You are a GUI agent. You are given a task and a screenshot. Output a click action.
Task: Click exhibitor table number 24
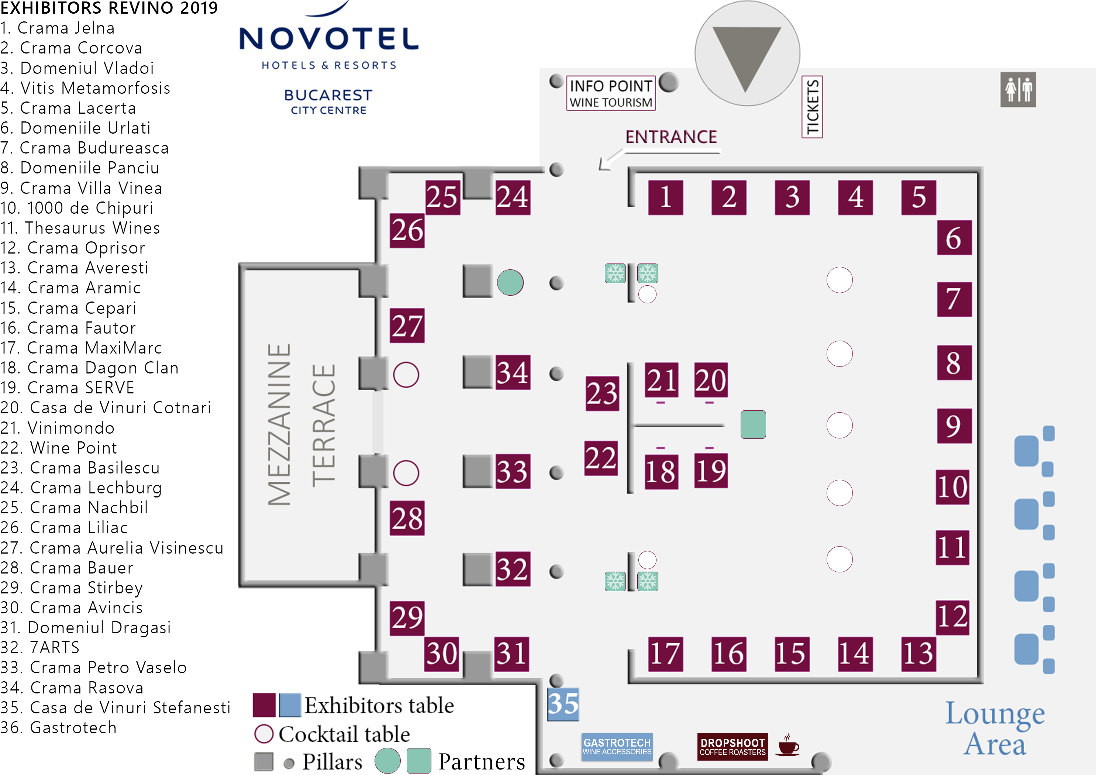[x=513, y=197]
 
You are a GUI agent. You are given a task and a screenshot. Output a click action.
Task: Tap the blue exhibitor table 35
[x=563, y=704]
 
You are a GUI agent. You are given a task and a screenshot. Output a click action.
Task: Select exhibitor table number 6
[x=954, y=237]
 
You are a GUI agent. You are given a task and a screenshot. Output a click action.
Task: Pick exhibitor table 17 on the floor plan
[x=665, y=654]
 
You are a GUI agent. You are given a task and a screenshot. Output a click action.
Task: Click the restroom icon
[x=1018, y=90]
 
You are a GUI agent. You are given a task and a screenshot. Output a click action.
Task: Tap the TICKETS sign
[x=812, y=107]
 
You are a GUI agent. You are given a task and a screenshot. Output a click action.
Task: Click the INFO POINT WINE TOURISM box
[x=610, y=93]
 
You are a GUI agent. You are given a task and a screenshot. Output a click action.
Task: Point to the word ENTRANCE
[x=671, y=137]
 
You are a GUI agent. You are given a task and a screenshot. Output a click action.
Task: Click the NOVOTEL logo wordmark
[x=329, y=39]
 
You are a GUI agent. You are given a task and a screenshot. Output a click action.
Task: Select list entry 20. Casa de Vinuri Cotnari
[x=106, y=408]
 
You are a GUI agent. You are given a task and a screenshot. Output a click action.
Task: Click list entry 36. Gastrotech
[x=59, y=728]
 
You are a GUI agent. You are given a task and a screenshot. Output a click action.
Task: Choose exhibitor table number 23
[x=602, y=393]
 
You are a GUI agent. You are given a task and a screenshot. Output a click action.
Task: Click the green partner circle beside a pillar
[x=510, y=282]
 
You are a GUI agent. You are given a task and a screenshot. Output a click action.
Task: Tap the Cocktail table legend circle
[x=264, y=734]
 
